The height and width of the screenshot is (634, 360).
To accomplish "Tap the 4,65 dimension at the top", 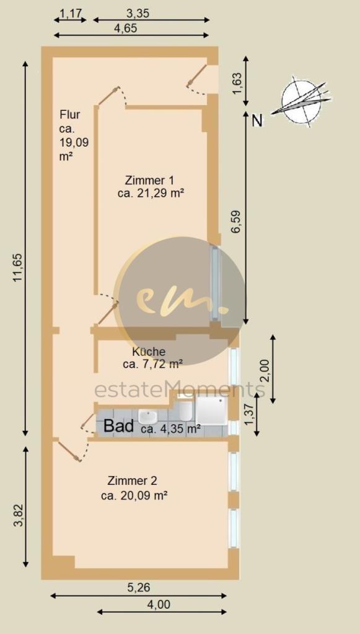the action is coord(126,28).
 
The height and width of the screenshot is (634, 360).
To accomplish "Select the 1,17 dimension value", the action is coord(71,14).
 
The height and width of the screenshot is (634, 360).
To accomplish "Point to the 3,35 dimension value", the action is coord(138,14).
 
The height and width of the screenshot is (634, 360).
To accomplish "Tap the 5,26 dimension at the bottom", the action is coord(139,587).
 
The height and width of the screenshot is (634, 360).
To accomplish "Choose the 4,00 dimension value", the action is coord(159,605).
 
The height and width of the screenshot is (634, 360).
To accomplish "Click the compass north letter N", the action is coord(257,121).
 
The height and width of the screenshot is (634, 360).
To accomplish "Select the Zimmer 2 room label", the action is coord(132,481).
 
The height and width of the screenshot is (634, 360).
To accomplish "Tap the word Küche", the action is coord(149,352).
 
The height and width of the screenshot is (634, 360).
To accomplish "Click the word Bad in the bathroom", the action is coord(119,426).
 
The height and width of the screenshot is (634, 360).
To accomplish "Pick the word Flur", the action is coord(69,115).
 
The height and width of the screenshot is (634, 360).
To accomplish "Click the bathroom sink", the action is coord(147,415).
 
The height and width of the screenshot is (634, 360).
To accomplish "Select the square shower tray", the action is coord(211,410).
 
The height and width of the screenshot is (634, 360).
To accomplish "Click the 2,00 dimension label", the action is coord(265,369).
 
